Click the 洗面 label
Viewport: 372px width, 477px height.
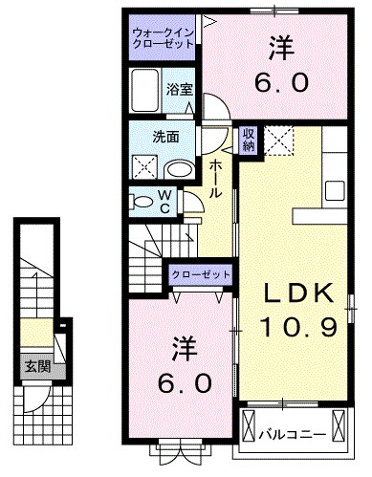click(x=165, y=136)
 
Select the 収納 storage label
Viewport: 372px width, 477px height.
click(x=248, y=141)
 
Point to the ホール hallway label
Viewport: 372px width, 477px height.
click(x=217, y=179)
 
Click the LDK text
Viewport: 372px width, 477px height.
click(x=297, y=293)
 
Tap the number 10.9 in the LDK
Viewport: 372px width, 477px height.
click(x=297, y=328)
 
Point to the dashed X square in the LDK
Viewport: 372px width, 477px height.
click(x=281, y=144)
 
